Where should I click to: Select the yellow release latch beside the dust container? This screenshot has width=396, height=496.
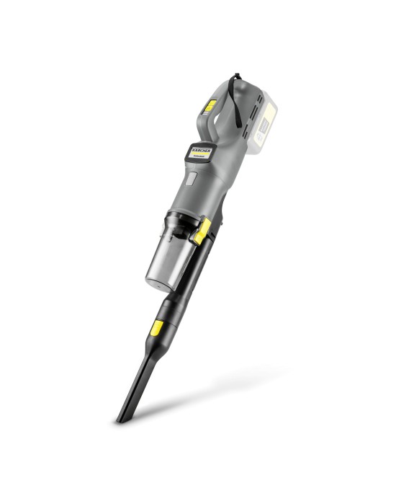(202, 231)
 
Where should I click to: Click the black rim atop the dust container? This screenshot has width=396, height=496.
(179, 217)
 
